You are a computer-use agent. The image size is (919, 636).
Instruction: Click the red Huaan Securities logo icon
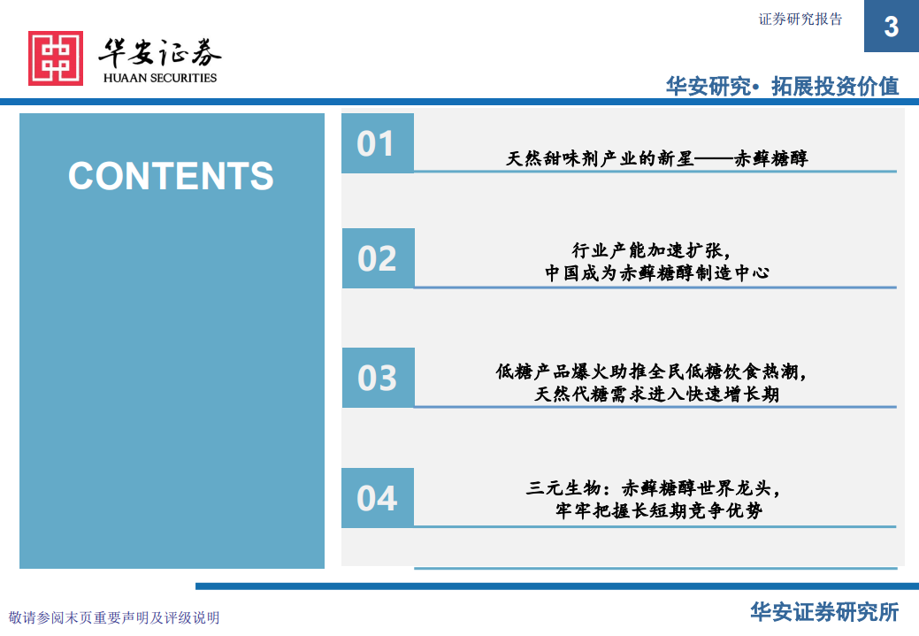click(55, 58)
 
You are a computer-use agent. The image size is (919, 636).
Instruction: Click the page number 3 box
click(891, 27)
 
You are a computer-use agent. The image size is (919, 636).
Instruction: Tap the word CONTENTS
click(171, 176)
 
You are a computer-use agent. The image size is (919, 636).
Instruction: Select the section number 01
click(377, 143)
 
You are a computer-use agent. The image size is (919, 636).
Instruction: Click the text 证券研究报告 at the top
click(800, 19)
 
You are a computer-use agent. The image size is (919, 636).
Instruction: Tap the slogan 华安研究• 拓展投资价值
click(782, 86)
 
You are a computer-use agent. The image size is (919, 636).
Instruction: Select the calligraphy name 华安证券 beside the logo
click(160, 52)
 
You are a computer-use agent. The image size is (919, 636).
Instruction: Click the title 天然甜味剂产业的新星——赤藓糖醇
click(656, 158)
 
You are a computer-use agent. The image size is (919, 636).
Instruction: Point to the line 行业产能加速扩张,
click(655, 250)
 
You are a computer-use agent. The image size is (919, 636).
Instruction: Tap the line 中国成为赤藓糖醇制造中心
click(656, 273)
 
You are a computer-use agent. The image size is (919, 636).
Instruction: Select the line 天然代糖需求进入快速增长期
click(656, 395)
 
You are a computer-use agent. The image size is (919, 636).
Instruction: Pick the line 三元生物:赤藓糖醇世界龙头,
click(655, 487)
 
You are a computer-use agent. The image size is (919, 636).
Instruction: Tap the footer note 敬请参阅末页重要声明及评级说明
click(114, 617)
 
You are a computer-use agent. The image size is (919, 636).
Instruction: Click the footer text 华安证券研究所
click(824, 612)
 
